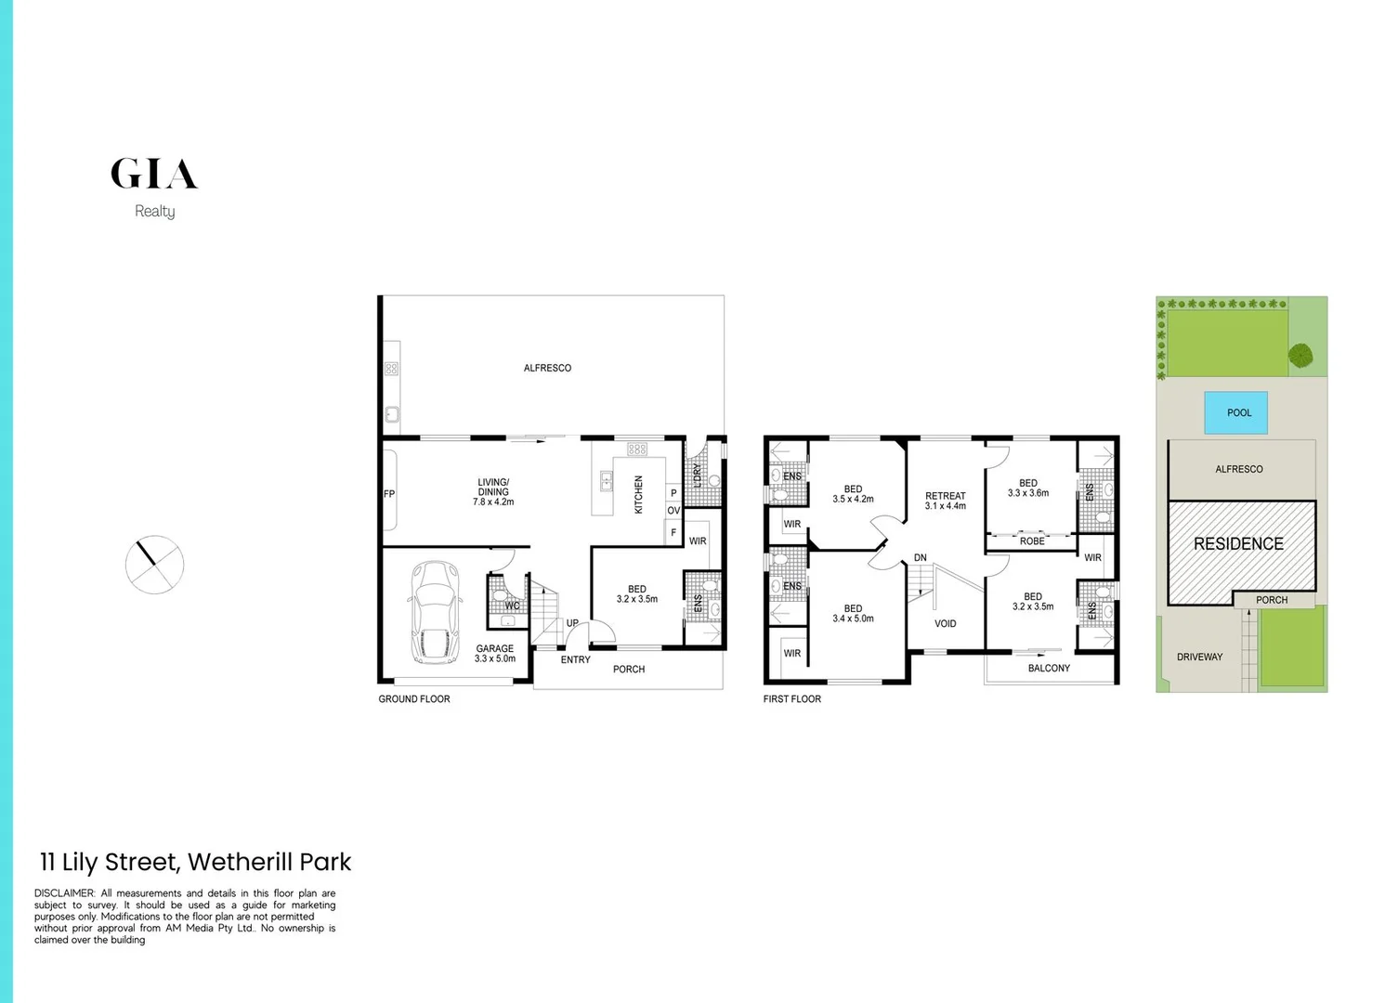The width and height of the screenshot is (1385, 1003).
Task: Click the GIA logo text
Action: click(x=154, y=174)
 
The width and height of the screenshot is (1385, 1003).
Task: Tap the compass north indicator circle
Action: click(x=154, y=564)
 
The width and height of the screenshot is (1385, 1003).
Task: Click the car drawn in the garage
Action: click(x=435, y=612)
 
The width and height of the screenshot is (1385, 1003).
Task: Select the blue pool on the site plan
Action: click(x=1238, y=412)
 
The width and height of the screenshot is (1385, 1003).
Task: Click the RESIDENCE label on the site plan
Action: click(x=1238, y=543)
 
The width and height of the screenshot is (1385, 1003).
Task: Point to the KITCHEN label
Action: click(x=638, y=495)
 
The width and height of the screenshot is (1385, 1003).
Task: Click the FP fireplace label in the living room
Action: click(x=389, y=494)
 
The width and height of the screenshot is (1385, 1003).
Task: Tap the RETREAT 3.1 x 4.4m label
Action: click(x=946, y=501)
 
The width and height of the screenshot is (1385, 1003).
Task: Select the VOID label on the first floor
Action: click(x=945, y=623)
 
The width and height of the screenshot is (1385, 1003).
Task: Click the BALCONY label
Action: click(x=1049, y=668)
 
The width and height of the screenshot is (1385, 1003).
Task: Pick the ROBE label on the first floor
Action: click(x=1032, y=541)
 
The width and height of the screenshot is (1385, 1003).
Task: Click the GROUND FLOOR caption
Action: click(x=414, y=698)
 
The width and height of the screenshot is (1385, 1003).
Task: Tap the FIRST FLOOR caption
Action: click(x=792, y=698)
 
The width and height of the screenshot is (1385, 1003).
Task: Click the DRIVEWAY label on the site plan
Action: click(x=1199, y=657)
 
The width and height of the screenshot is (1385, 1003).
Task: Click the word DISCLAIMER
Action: click(x=64, y=893)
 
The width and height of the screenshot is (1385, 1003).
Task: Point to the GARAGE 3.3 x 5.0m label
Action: click(x=494, y=654)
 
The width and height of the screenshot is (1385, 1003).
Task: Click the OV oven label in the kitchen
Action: click(x=673, y=511)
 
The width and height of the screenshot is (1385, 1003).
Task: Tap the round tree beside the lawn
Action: click(x=1300, y=355)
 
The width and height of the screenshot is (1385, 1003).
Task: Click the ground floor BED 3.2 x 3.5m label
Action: click(x=636, y=593)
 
